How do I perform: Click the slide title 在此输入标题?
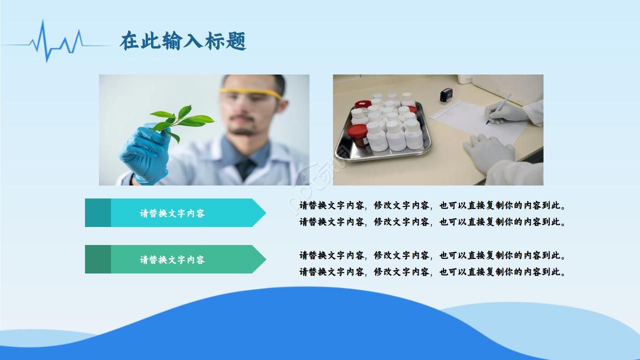[x=183, y=41]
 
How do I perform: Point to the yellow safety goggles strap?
[x=250, y=93]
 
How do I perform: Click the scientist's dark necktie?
[x=246, y=168]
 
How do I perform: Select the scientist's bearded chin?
[x=245, y=131]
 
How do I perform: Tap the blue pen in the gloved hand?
[x=500, y=108]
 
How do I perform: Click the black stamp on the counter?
[x=446, y=95]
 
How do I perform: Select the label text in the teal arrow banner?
[x=172, y=213]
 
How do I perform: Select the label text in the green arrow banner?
[x=172, y=260]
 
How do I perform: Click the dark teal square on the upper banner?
[x=98, y=213]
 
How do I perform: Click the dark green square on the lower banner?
[x=98, y=259]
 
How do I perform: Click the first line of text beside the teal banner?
[x=432, y=205]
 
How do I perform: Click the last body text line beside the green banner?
[x=432, y=272]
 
